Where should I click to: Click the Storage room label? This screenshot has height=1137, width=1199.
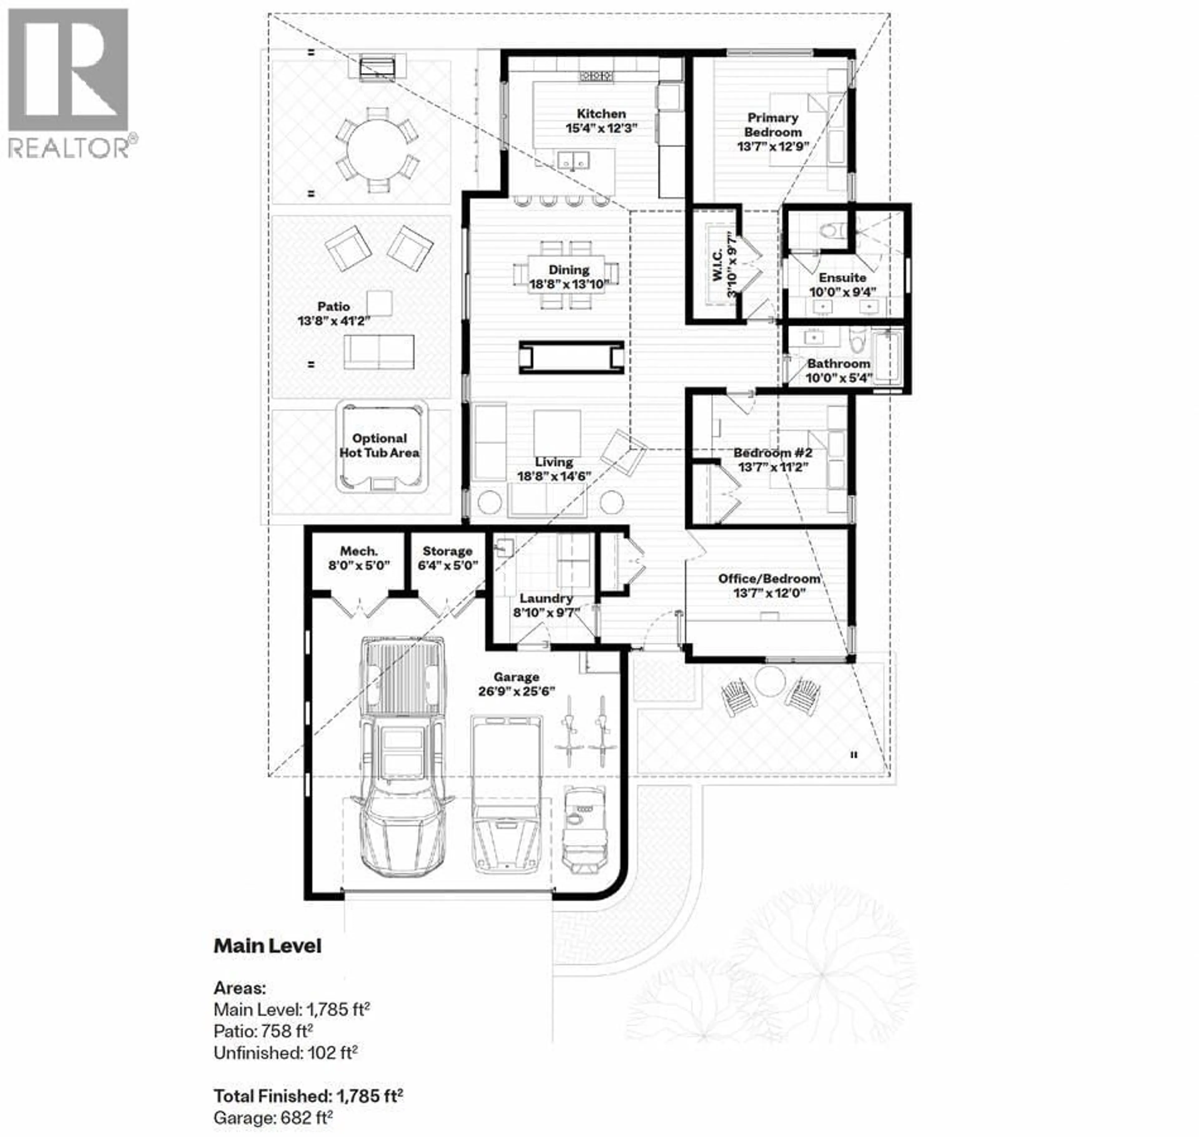point(447,551)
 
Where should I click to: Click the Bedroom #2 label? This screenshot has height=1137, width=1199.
point(772,453)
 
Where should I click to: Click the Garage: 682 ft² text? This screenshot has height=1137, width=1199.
point(273,1117)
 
